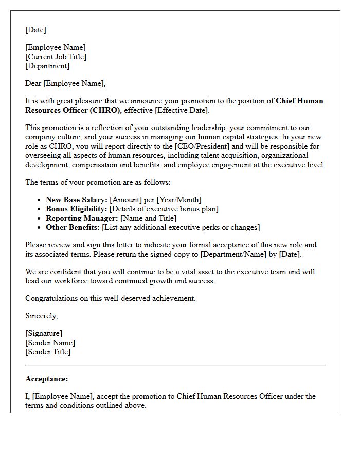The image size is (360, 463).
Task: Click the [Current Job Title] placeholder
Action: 56,57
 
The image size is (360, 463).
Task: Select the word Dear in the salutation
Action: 33,83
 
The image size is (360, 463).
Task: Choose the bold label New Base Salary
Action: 77,200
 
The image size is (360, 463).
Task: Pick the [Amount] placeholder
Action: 127,200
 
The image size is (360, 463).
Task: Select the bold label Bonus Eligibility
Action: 77,209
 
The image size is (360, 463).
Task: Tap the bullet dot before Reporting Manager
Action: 40,218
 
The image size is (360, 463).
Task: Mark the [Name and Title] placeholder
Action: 149,218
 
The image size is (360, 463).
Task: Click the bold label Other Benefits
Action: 73,227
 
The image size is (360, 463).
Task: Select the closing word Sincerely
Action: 41,316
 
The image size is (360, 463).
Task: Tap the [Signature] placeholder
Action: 44,333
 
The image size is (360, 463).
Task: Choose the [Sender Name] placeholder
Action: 50,343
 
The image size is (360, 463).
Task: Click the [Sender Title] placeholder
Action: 48,352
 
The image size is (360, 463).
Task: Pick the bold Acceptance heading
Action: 46,379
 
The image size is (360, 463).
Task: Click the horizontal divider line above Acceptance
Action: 175,365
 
